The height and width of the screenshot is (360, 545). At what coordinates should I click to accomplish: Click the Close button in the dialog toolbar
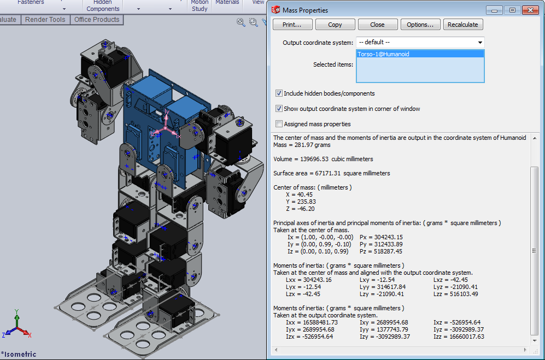click(x=377, y=25)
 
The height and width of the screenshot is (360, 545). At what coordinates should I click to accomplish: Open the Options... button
click(x=420, y=25)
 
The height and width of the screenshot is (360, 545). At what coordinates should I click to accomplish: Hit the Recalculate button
click(x=462, y=25)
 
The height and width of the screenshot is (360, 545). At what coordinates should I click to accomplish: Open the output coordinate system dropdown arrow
click(x=480, y=43)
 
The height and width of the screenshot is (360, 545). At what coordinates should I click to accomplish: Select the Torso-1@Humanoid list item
click(x=383, y=54)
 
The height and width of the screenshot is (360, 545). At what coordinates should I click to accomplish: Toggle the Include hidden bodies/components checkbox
click(x=279, y=93)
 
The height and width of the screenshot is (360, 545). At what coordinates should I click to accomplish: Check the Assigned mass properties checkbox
click(x=279, y=124)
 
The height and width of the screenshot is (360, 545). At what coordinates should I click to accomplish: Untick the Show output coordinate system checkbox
click(x=279, y=109)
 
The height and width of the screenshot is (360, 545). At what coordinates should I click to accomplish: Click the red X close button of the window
click(x=530, y=10)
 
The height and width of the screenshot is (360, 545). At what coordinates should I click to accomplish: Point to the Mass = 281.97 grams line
click(x=302, y=145)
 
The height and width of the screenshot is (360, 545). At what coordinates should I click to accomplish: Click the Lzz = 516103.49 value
click(x=455, y=294)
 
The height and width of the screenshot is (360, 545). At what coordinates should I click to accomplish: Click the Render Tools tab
click(x=45, y=20)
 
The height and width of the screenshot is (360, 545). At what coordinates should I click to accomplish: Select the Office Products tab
click(x=97, y=20)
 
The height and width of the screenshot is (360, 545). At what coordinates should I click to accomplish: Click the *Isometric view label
click(x=19, y=354)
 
